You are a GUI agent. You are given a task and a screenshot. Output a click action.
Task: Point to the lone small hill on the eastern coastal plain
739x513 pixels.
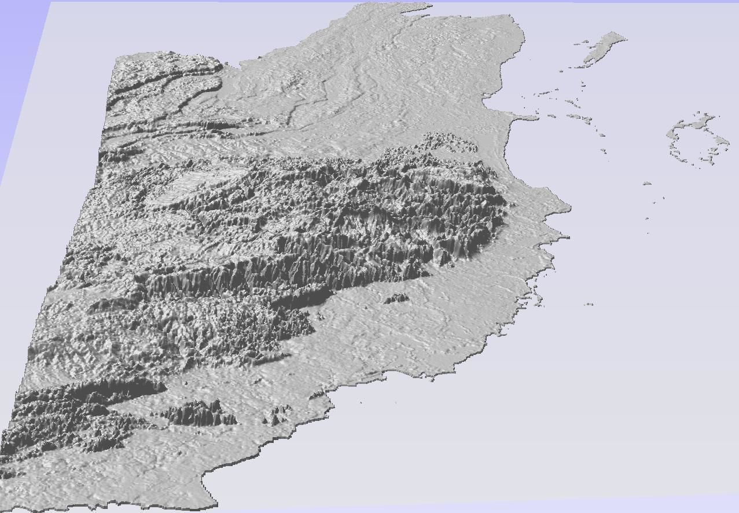396,298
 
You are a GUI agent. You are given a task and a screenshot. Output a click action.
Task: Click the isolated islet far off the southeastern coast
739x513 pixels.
589,303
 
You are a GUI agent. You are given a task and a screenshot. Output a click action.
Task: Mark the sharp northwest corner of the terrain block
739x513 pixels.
116,58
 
